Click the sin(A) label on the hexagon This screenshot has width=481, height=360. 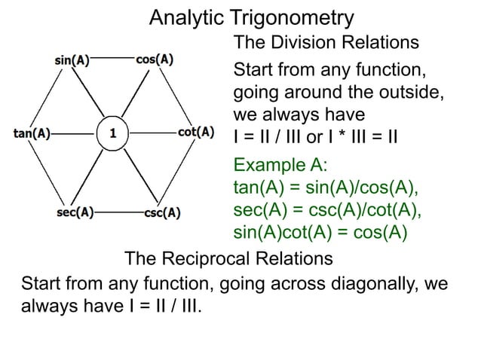[72, 59]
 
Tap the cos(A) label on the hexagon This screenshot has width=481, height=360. [155, 59]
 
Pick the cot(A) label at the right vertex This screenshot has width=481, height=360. [196, 133]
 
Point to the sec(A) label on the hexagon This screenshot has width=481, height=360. [75, 212]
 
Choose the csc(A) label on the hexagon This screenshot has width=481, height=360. [161, 212]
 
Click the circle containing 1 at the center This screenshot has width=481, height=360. [112, 135]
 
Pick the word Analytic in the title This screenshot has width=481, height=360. [182, 17]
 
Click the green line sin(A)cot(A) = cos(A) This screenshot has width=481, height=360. [321, 232]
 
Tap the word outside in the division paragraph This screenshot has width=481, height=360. [408, 94]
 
